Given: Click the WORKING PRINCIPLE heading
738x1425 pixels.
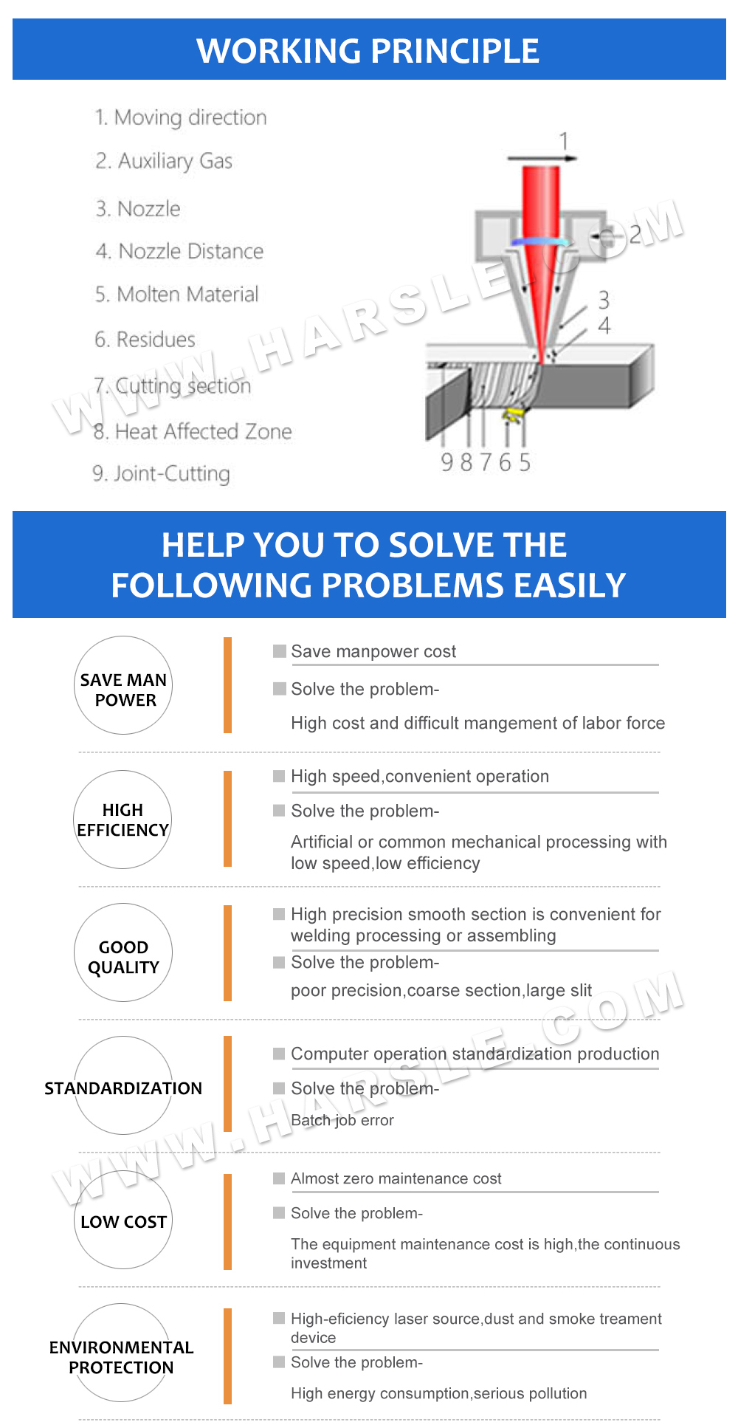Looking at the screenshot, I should (368, 50).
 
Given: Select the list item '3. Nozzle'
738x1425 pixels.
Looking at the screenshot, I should (138, 209).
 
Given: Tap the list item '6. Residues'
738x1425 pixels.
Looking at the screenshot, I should (145, 340).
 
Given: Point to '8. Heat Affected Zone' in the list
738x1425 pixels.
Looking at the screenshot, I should (193, 431).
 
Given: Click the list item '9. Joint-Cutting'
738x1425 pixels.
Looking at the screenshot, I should (162, 473).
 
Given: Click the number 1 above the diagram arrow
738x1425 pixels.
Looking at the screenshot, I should (564, 140).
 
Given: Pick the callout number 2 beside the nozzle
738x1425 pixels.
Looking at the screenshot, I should (635, 235).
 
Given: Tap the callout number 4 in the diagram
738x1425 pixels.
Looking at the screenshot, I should (604, 325).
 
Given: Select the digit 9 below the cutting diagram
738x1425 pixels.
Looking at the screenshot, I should (446, 463).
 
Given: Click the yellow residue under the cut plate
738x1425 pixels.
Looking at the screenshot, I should (511, 415).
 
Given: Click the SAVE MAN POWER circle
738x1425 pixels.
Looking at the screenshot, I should (123, 685).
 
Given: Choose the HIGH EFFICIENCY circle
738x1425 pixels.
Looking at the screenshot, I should (123, 820).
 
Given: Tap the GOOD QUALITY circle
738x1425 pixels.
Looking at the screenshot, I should (123, 952).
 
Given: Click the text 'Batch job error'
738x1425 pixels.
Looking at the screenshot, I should (342, 1120).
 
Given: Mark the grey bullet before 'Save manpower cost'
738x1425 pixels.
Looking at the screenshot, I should (279, 650).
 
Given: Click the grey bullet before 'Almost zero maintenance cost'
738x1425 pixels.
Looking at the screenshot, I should (279, 1178).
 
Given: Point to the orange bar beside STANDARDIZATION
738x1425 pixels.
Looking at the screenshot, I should (227, 1083).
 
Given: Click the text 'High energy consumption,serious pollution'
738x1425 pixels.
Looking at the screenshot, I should (438, 1393).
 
